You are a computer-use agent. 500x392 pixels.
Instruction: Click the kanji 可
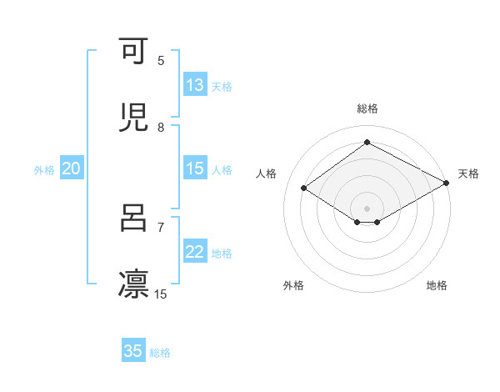click(133, 52)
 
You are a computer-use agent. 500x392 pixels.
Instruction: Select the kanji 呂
click(133, 219)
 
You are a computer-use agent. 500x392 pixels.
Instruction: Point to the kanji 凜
click(133, 284)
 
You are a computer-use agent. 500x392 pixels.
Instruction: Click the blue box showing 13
click(195, 85)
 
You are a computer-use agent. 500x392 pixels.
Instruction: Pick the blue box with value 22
click(195, 253)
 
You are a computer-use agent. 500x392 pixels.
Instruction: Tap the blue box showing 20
click(71, 169)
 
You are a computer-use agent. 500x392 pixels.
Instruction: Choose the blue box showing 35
click(133, 351)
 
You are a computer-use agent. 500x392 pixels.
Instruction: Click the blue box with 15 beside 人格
click(195, 168)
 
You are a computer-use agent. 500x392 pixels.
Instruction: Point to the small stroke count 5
click(161, 61)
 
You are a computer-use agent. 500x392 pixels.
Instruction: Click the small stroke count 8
click(161, 127)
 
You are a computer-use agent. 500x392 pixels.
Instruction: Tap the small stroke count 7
click(161, 227)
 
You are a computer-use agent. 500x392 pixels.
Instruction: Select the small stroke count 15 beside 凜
click(161, 294)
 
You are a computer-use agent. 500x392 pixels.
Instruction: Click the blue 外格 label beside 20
click(44, 170)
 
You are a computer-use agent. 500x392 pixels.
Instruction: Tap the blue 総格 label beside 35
click(160, 353)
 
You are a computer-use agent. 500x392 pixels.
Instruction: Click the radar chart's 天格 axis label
click(468, 173)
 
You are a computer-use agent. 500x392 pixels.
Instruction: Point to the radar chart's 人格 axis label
click(266, 173)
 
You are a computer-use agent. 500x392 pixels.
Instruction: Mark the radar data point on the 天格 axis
click(447, 183)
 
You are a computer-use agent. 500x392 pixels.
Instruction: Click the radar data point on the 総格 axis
click(367, 143)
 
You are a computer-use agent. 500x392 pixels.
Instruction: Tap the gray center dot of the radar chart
click(367, 208)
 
